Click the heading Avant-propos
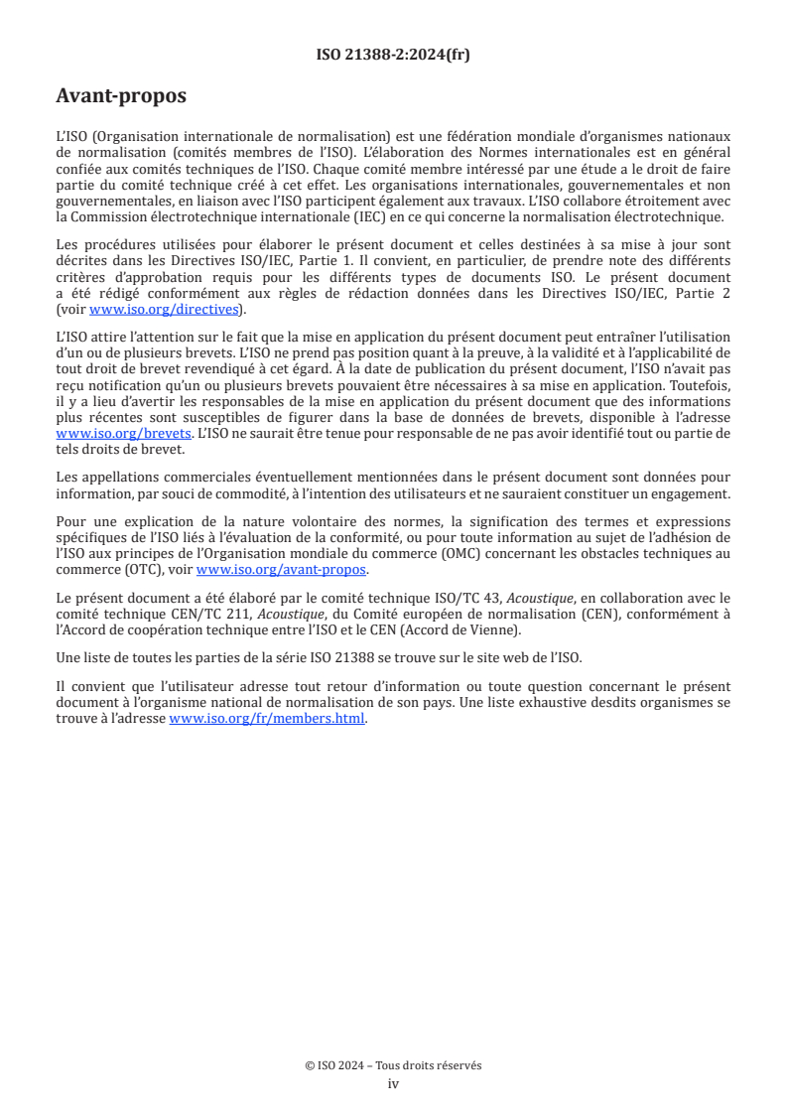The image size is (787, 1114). [x=121, y=96]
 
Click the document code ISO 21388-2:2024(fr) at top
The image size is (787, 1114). [x=393, y=55]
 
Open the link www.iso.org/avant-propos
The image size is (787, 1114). [x=282, y=569]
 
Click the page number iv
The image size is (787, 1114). [x=393, y=1083]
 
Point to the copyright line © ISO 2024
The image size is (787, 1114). [x=393, y=1065]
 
